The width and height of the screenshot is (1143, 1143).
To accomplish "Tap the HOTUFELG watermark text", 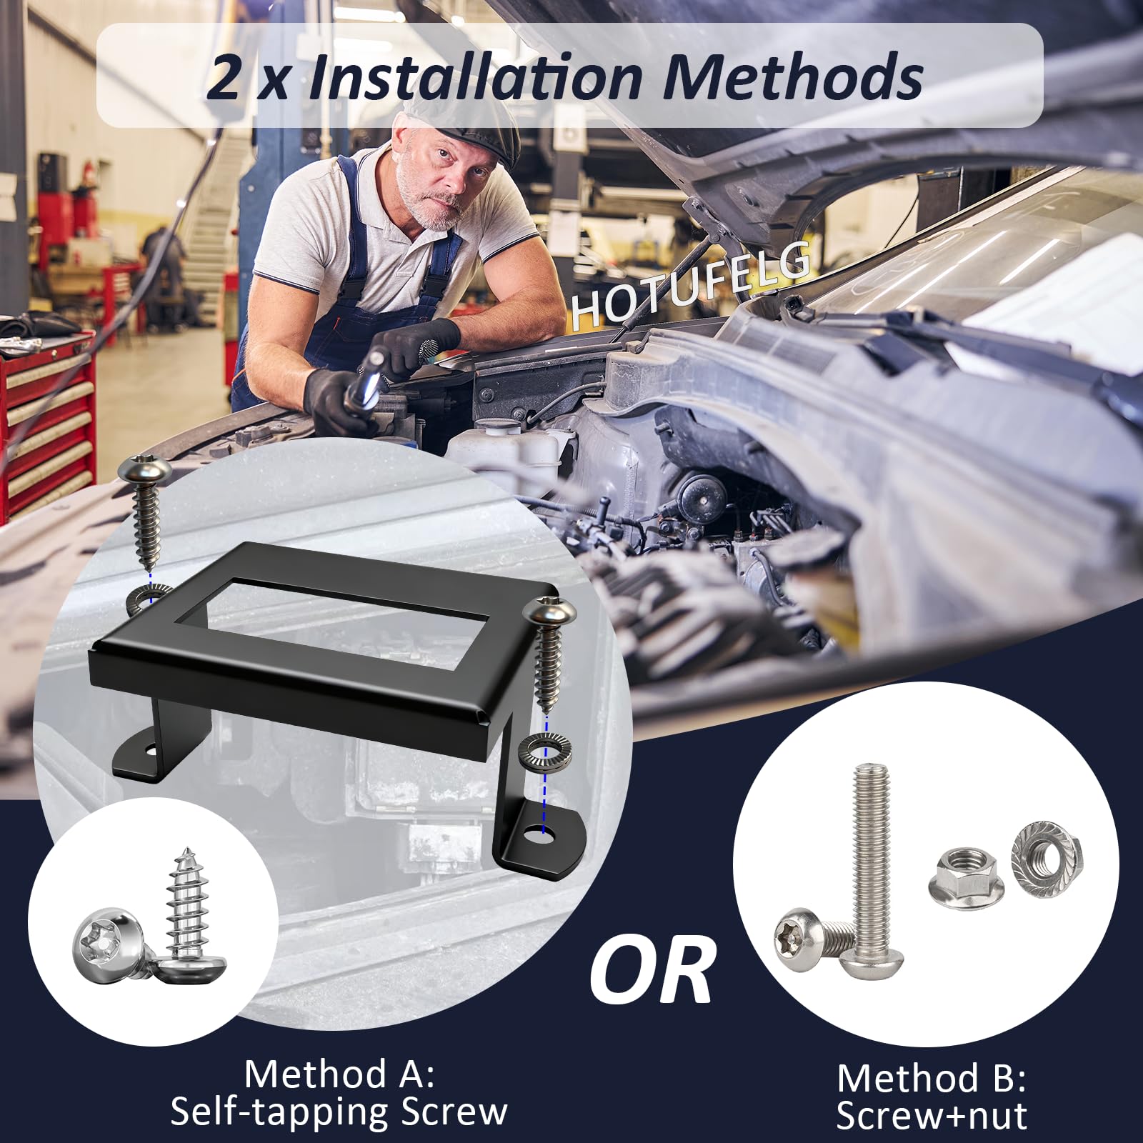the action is (690, 285).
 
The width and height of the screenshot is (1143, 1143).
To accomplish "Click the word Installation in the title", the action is (475, 76).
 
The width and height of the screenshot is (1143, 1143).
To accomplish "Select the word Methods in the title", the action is (793, 76).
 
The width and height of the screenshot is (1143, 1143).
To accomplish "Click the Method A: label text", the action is (339, 1074).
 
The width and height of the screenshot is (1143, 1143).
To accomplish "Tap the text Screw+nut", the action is (932, 1115).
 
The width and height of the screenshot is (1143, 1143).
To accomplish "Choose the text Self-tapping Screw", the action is (339, 1112).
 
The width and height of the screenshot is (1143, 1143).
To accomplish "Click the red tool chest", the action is (46, 421).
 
